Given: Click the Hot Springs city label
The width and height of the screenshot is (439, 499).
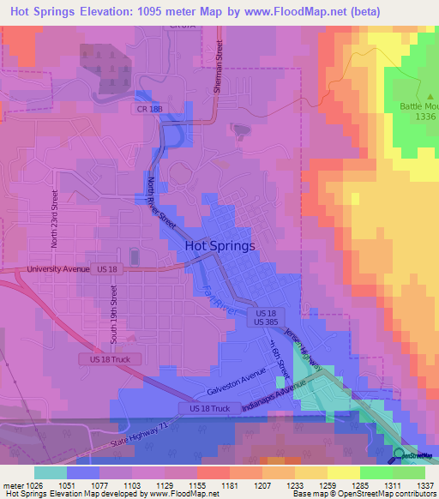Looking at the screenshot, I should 219,246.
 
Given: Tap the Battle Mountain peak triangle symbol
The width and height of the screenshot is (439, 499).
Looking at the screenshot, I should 431,96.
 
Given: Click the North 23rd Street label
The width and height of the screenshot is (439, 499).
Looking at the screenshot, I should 54,219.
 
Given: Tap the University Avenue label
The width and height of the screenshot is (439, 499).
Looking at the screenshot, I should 58,268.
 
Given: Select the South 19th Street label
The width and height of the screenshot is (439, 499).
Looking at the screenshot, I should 111,313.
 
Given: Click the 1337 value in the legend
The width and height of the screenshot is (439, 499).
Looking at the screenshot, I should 425,485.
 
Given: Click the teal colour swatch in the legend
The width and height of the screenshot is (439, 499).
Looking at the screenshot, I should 51,472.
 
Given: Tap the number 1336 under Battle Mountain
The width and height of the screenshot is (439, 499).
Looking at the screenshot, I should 425,115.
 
